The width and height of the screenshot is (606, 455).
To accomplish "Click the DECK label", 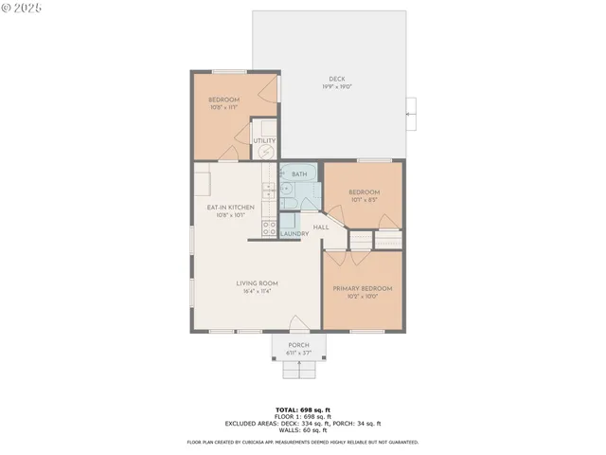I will (336, 78).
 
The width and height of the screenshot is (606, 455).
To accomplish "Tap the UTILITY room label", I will (264, 141).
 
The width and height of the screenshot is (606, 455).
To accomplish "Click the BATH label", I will (299, 174).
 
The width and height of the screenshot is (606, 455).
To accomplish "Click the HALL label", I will (321, 227).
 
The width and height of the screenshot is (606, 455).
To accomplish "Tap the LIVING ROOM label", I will (257, 282).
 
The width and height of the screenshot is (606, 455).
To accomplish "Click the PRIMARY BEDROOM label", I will (362, 288).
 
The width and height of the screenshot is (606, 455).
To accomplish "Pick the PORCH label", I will (298, 345).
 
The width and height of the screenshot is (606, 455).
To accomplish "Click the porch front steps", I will (298, 371).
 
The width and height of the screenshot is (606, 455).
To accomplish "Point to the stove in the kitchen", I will (269, 227).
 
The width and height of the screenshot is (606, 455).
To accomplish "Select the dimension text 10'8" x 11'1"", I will (224, 107).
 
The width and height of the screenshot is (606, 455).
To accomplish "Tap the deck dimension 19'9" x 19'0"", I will (336, 86).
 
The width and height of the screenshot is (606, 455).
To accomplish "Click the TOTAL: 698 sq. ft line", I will (302, 409).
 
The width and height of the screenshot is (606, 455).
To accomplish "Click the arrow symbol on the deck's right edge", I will (410, 114).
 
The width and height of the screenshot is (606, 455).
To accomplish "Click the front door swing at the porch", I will (296, 323).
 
